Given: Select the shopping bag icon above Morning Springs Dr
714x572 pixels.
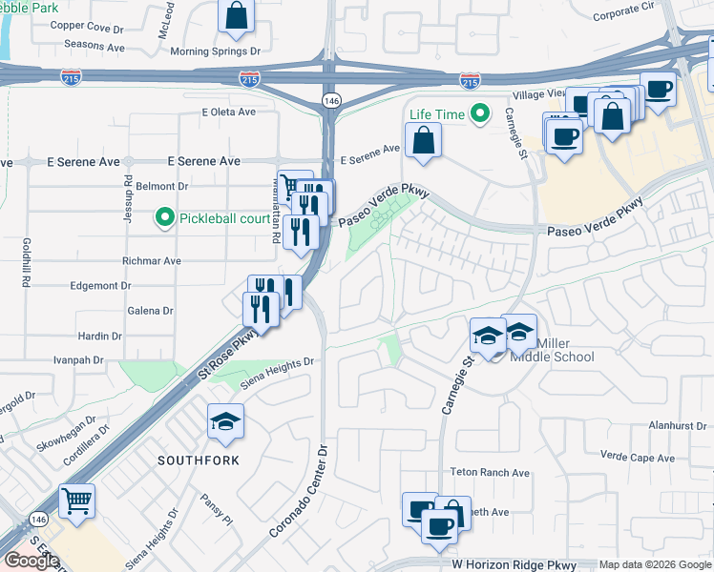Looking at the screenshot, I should point(236,16).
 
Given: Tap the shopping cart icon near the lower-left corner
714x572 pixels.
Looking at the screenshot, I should point(76,499).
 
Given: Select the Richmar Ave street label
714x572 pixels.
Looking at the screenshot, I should point(151,260).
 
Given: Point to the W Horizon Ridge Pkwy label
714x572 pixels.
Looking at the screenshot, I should point(515,564).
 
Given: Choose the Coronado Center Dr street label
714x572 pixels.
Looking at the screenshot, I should point(299,489).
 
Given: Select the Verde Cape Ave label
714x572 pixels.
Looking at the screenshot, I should point(639,457).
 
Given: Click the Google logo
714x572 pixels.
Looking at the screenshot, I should point(31,561).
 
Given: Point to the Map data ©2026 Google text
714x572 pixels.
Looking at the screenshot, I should point(655,564).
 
